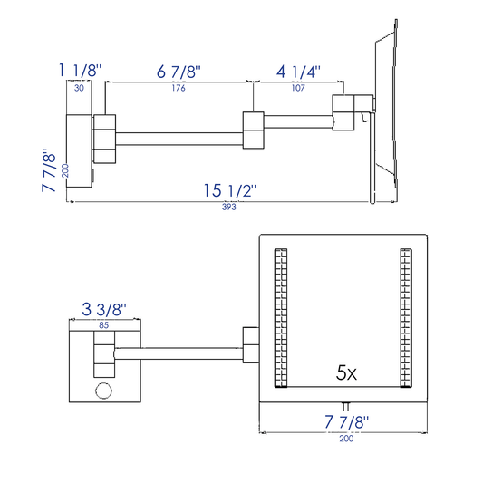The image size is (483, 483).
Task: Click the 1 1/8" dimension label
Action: click(80, 71)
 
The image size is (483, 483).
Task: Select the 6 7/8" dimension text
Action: click(179, 72)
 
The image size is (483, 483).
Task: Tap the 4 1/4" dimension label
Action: click(298, 72)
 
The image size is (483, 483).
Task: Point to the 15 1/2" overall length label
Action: click(230, 190)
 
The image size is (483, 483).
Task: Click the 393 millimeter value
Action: click(229, 207)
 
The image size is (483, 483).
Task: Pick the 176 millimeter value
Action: click(179, 88)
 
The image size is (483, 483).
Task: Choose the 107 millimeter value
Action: click(298, 88)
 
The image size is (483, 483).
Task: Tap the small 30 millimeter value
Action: click(79, 88)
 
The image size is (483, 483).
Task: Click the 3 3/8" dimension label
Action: click(104, 309)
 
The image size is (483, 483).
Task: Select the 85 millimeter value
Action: click(104, 325)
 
